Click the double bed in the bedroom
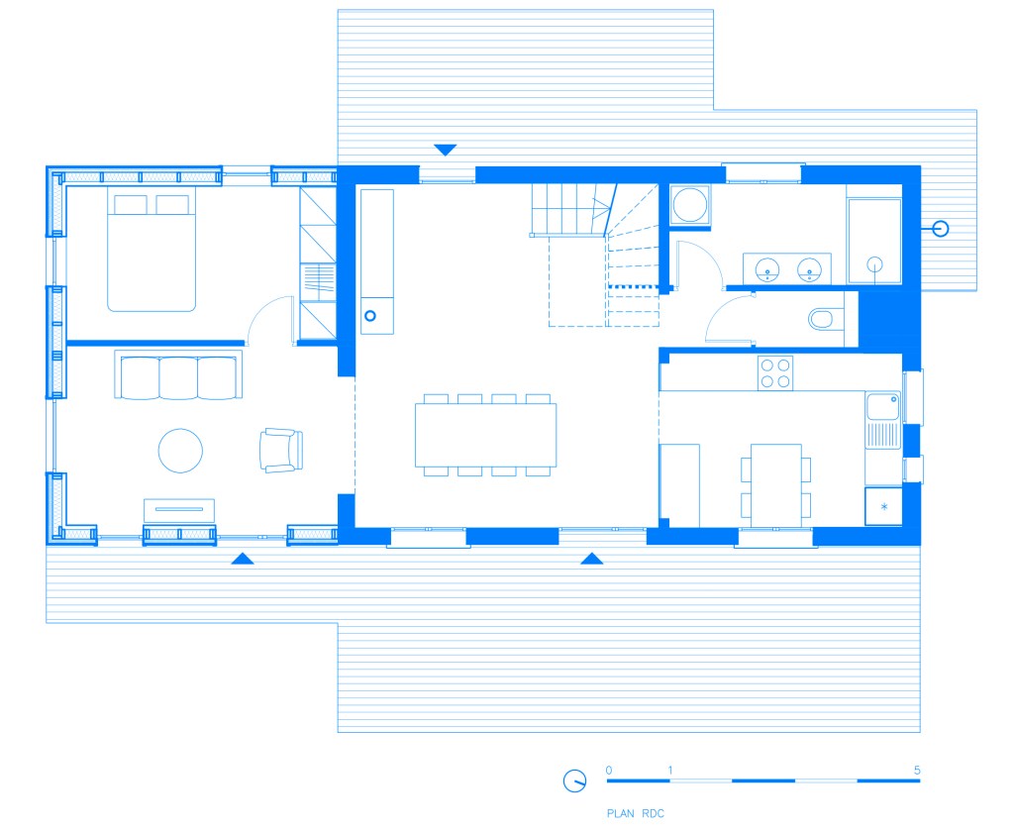tap(152, 249)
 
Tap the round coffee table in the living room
tap(180, 451)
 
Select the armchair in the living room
tap(281, 450)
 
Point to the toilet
tap(826, 318)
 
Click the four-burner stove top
tap(775, 372)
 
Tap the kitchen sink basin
tap(882, 406)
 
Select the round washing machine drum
tap(689, 204)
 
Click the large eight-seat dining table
tap(485, 435)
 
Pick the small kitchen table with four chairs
tap(776, 485)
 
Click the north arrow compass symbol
tap(574, 780)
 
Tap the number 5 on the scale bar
tap(917, 770)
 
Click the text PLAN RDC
tap(636, 813)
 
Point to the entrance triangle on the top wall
tap(445, 151)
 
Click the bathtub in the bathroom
tap(874, 242)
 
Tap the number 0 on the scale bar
tap(609, 770)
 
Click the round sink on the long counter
tap(370, 316)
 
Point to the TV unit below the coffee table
tap(179, 510)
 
